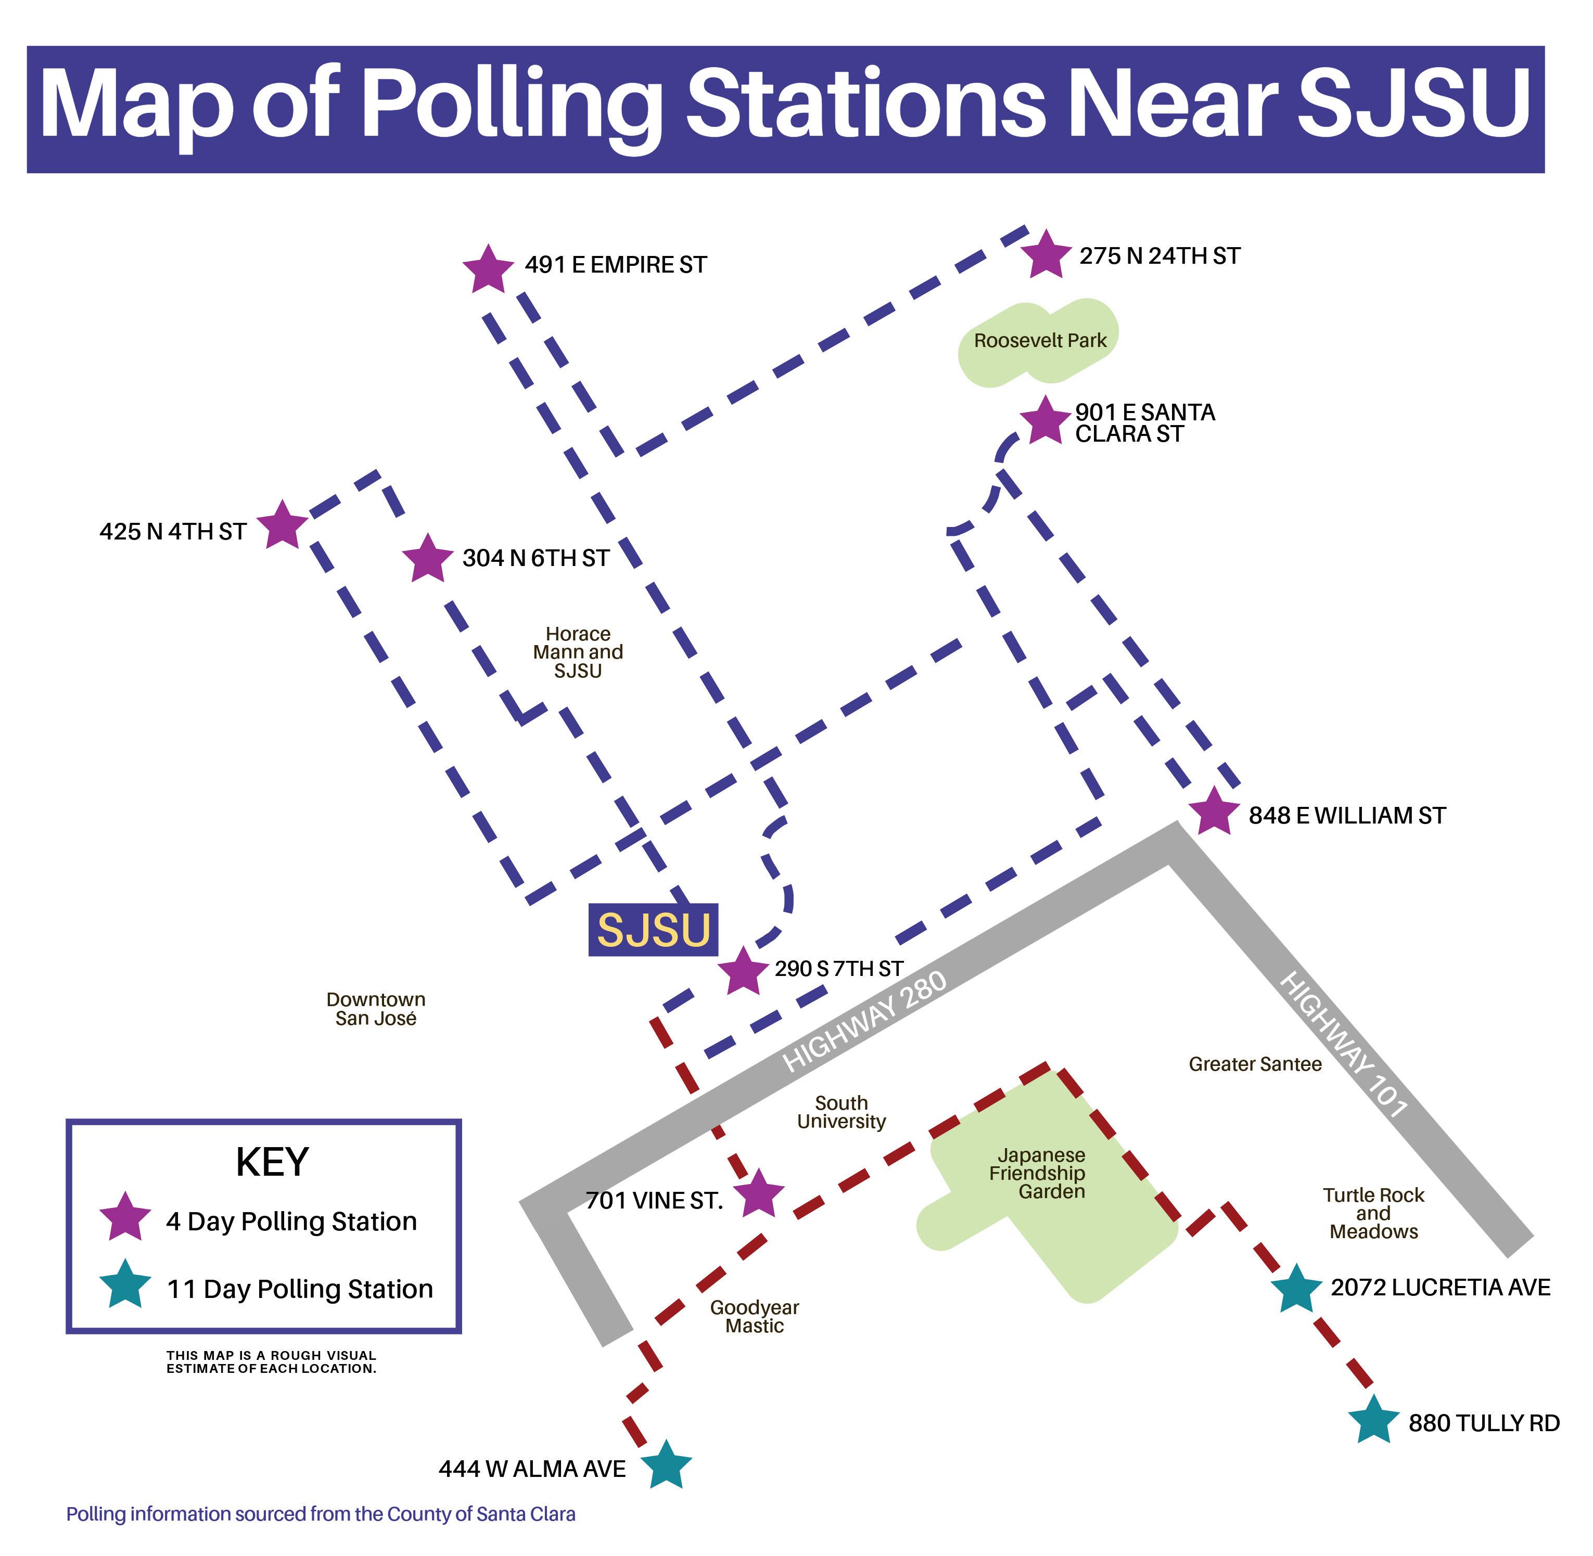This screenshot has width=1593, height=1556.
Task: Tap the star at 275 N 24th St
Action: (1046, 254)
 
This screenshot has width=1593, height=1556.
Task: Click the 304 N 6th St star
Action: (427, 559)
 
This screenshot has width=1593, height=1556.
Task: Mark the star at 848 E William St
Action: (1214, 812)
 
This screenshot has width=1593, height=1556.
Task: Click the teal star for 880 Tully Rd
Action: (1374, 1421)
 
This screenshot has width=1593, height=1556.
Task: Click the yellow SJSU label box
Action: (653, 930)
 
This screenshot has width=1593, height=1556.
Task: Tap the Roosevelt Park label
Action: (1040, 341)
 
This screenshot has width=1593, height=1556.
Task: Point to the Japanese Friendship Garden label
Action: (1040, 1174)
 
